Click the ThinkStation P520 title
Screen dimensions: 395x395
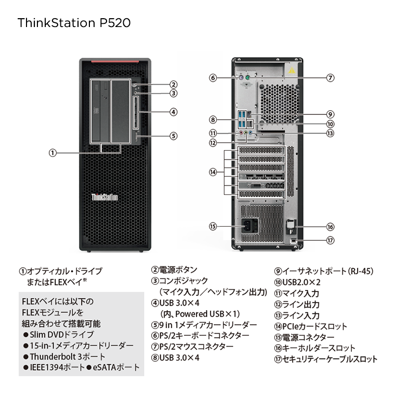(x=74, y=23)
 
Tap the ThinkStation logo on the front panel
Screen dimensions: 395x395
(x=104, y=197)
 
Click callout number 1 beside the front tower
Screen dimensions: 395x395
(x=52, y=153)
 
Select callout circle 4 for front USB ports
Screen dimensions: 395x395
(x=174, y=112)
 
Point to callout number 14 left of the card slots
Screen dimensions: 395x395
(x=213, y=173)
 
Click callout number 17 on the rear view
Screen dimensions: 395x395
(x=331, y=240)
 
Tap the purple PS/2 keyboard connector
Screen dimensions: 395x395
(x=241, y=78)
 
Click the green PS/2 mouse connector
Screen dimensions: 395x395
(x=247, y=78)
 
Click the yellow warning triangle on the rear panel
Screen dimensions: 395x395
(x=292, y=70)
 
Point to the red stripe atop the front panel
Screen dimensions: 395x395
(x=115, y=61)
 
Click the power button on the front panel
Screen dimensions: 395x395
(x=135, y=85)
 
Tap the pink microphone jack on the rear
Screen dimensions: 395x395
(x=241, y=133)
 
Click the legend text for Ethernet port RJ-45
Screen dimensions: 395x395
(x=324, y=271)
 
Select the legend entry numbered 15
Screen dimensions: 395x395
(x=305, y=337)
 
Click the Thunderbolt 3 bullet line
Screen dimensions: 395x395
(x=64, y=357)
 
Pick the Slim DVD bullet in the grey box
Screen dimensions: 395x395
(x=58, y=334)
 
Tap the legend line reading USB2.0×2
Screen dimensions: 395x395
(x=297, y=282)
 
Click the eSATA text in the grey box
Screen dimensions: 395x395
(x=113, y=367)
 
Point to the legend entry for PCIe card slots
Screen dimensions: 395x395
(x=311, y=326)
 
